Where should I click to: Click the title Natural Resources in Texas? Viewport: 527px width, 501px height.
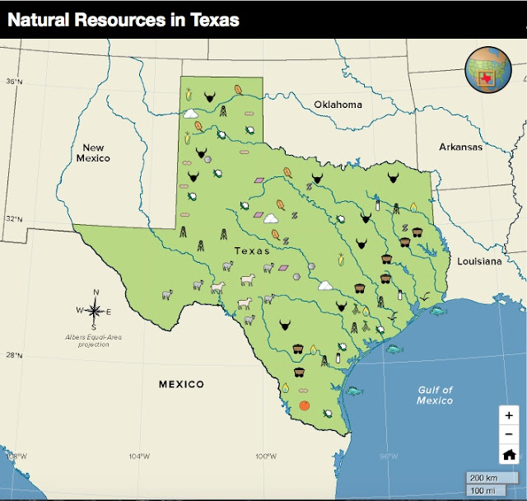124,19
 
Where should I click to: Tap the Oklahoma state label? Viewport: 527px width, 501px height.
338,105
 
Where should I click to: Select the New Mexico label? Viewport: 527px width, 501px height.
91,152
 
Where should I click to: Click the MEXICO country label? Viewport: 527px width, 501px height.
181,384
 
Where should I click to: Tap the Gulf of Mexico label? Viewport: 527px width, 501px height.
434,395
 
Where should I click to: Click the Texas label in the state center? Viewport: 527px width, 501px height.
252,250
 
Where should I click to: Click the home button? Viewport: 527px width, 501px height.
509,454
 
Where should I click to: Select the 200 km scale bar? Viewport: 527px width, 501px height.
487,478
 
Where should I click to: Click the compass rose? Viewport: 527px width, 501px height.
95,310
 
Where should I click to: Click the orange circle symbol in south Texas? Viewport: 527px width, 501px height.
304,405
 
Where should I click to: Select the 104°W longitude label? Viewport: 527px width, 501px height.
139,457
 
